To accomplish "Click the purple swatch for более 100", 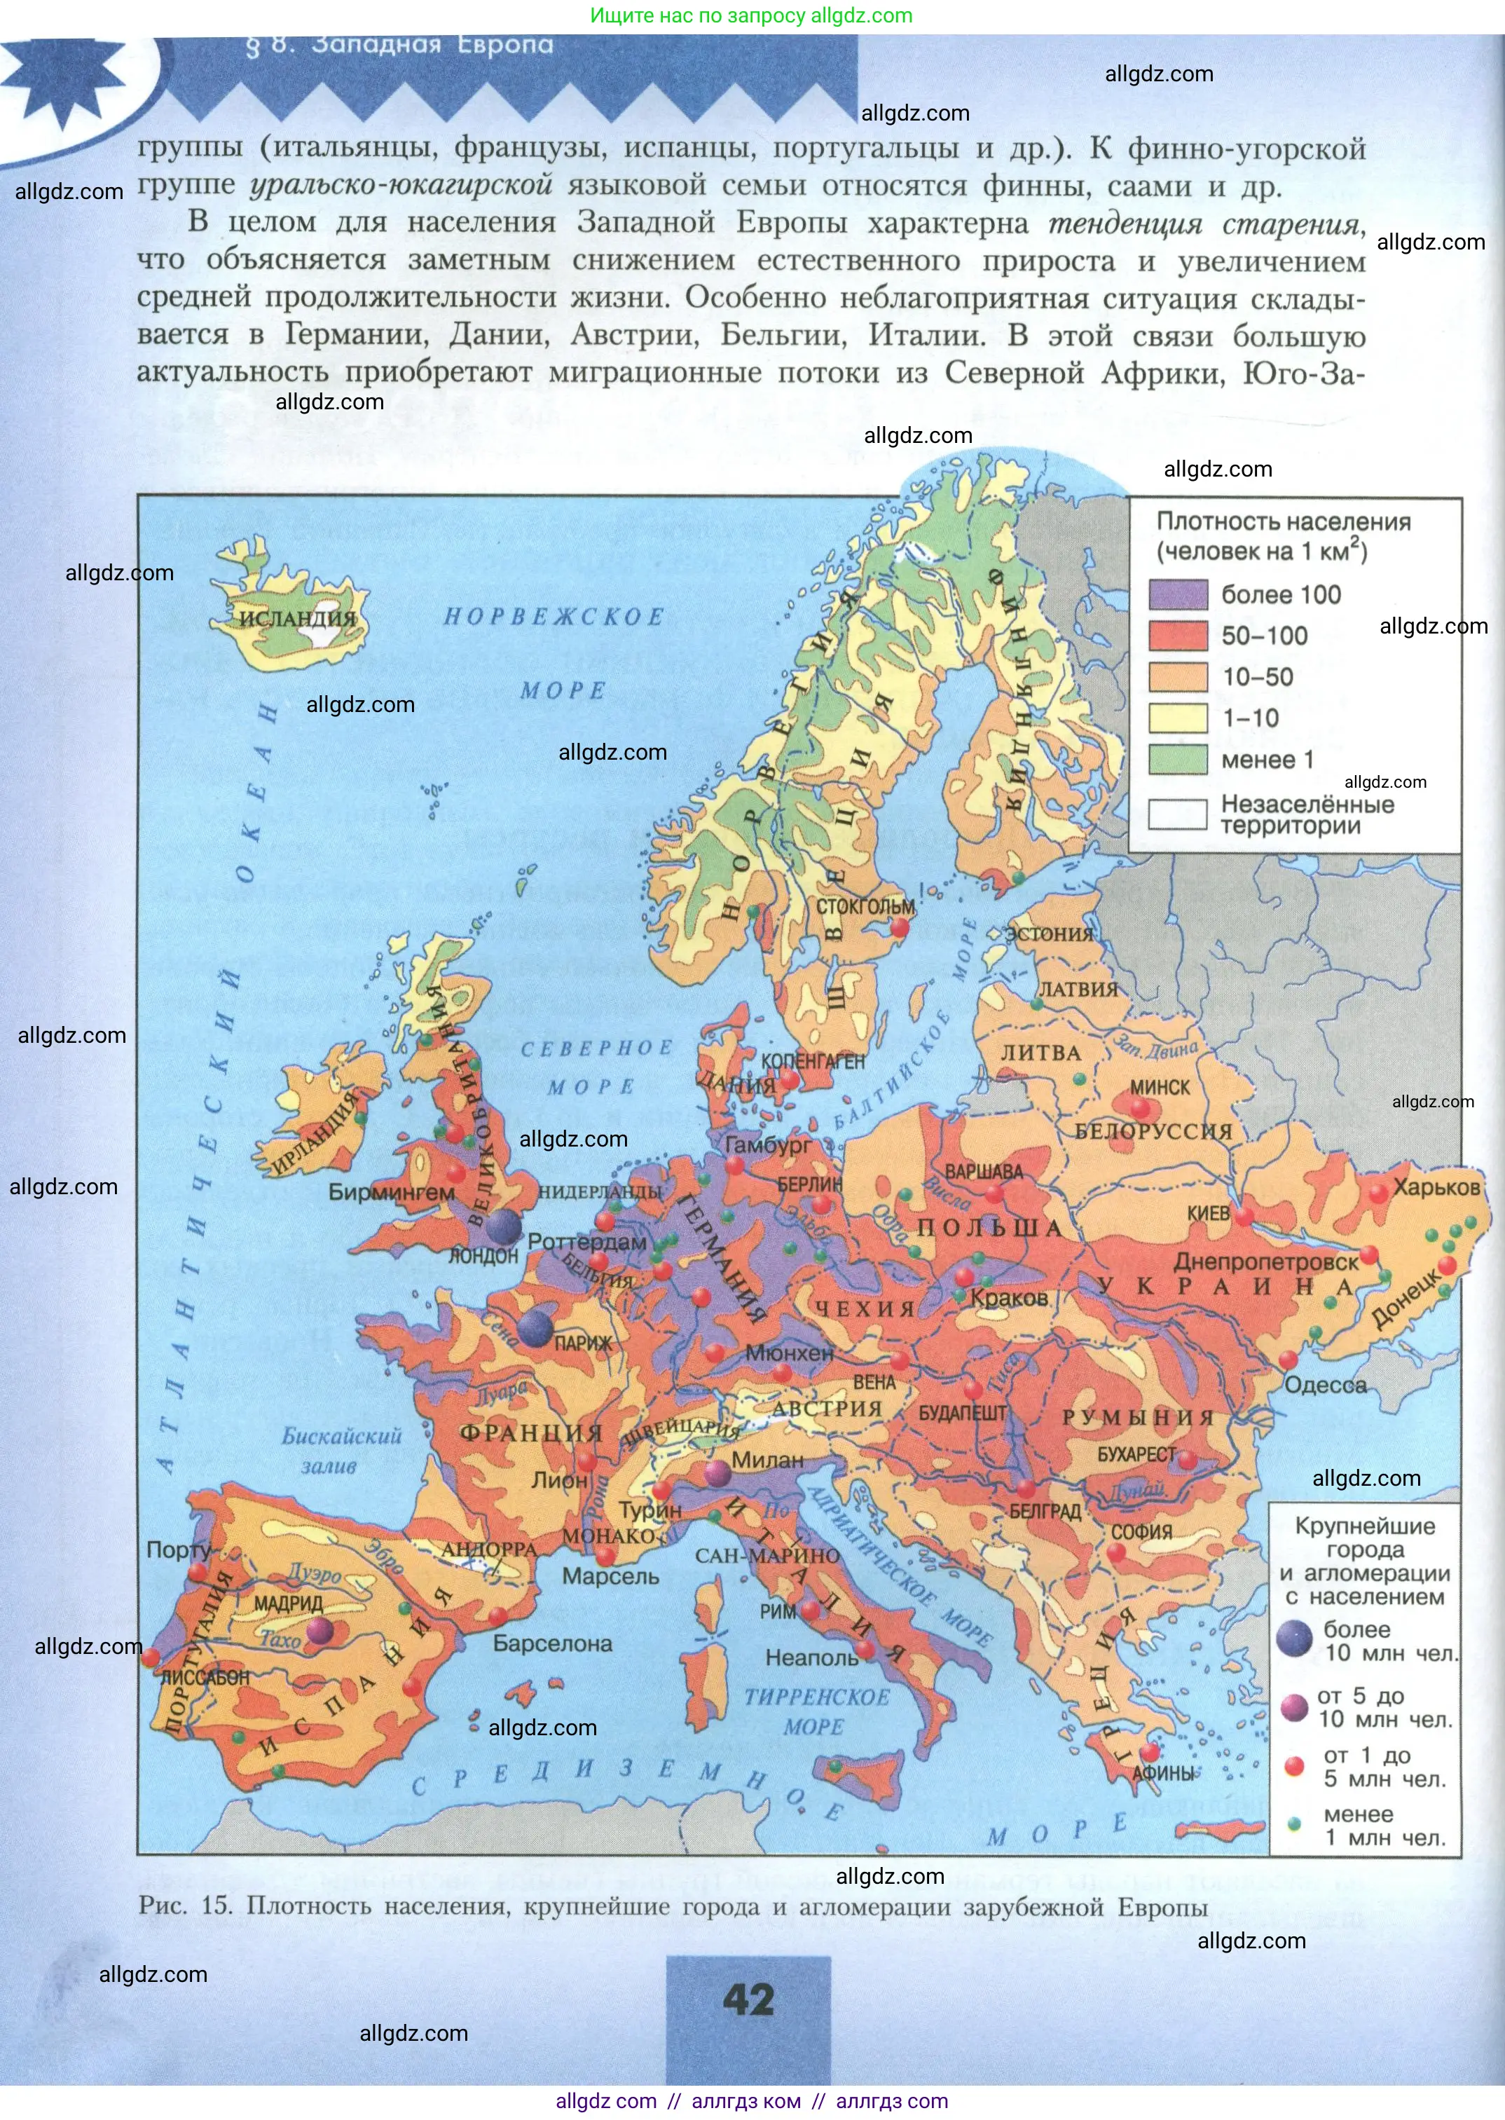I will click(x=1178, y=594).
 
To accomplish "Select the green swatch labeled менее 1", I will click(x=1178, y=759).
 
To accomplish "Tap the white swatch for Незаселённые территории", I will click(x=1178, y=814).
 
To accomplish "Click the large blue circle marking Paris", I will click(x=535, y=1328).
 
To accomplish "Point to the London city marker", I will click(x=504, y=1226).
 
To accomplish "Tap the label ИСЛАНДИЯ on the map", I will click(x=298, y=618).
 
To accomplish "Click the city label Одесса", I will click(x=1325, y=1386).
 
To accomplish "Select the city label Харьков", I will click(x=1436, y=1187).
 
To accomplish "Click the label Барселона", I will click(x=552, y=1643).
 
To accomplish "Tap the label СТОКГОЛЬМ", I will click(x=865, y=905).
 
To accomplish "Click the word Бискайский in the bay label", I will click(x=342, y=1436).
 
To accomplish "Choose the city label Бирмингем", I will click(x=391, y=1193).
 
